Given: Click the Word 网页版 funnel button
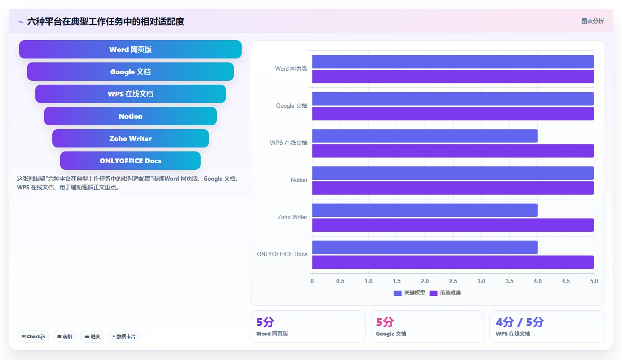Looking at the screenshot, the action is [130, 49].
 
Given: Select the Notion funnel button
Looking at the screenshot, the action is [130, 116].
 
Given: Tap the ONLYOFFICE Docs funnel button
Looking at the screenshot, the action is [130, 161].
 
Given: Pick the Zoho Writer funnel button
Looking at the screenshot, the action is [130, 138].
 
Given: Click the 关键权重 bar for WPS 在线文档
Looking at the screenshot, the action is [425, 136].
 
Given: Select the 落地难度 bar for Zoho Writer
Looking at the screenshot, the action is [453, 225].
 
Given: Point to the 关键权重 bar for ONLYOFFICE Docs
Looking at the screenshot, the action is [425, 247].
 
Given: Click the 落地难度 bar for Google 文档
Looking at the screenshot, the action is [453, 113].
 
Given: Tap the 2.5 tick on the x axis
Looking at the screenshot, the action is [453, 281].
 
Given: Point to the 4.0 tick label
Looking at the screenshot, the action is [537, 281].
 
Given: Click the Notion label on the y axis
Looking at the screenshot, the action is [299, 180].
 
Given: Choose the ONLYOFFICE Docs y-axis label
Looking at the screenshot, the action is [282, 254].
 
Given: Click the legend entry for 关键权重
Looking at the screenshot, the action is [410, 293].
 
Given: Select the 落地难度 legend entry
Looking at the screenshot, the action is [445, 293].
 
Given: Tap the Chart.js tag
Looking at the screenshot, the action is [33, 336].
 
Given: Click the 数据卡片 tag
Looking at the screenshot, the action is [124, 336].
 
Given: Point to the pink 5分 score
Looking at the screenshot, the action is [385, 322].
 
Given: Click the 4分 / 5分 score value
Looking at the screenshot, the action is [519, 322].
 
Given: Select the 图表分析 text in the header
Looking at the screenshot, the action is [593, 21].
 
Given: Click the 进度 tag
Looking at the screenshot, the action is [92, 336].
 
